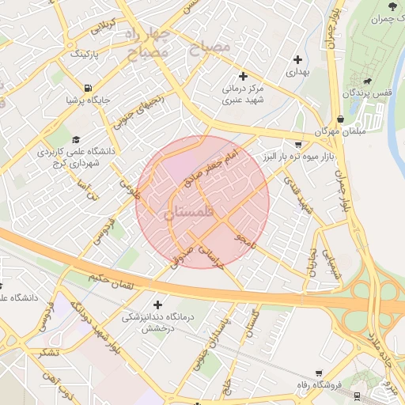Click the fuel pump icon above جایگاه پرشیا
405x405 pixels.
tap(86, 88)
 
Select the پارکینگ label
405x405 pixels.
tap(85, 55)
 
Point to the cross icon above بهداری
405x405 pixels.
tap(297, 59)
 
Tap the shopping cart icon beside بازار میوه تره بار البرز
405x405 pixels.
tap(297, 145)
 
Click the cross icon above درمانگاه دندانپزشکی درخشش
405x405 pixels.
tap(158, 305)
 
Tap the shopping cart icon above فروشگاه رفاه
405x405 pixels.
tap(319, 373)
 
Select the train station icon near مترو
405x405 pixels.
tap(358, 395)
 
